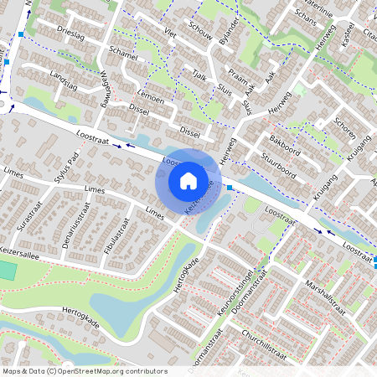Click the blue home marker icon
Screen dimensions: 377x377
(188, 180)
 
